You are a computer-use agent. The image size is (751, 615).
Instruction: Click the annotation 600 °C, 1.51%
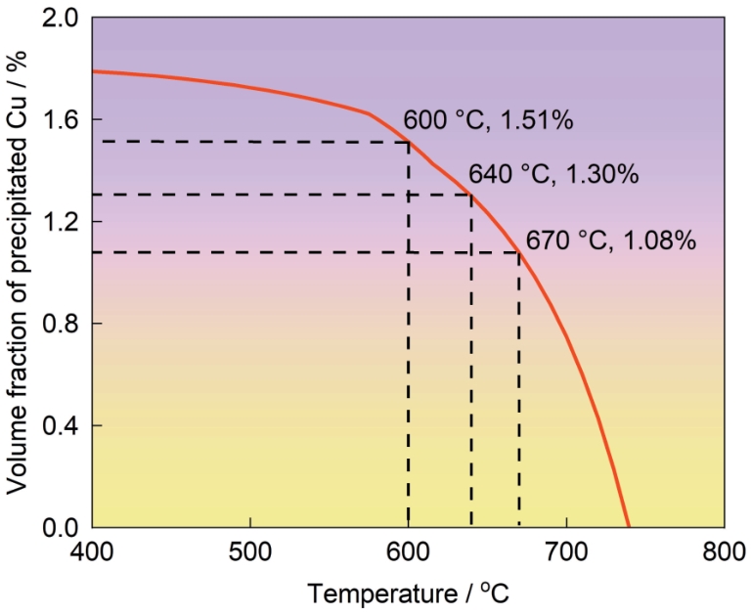[x=488, y=122]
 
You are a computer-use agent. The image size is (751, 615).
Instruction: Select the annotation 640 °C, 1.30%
[x=553, y=175]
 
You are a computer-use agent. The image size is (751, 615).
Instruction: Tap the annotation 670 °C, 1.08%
[x=611, y=240]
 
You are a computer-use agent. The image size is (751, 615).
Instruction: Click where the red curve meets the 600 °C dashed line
[x=408, y=142]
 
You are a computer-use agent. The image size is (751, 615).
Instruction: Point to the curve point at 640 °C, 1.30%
[x=471, y=195]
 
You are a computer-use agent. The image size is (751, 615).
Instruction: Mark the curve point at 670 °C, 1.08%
[x=519, y=252]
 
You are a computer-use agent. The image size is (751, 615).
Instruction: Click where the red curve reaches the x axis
[x=628, y=527]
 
